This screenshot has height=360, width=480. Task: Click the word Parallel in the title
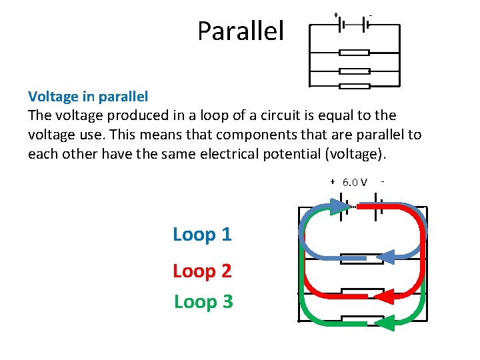pyautogui.click(x=240, y=31)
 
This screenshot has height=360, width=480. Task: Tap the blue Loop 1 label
pyautogui.click(x=202, y=235)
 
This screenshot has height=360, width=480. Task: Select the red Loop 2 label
pyautogui.click(x=202, y=271)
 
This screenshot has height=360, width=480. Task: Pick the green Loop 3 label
pyautogui.click(x=203, y=302)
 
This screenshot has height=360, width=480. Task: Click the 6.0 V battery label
pyautogui.click(x=355, y=183)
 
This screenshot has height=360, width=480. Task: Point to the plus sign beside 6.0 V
pyautogui.click(x=333, y=181)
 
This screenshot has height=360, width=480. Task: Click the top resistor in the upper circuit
pyautogui.click(x=354, y=53)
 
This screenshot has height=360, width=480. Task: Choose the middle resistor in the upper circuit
pyautogui.click(x=354, y=71)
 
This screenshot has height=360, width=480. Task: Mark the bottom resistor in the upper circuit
pyautogui.click(x=354, y=86)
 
